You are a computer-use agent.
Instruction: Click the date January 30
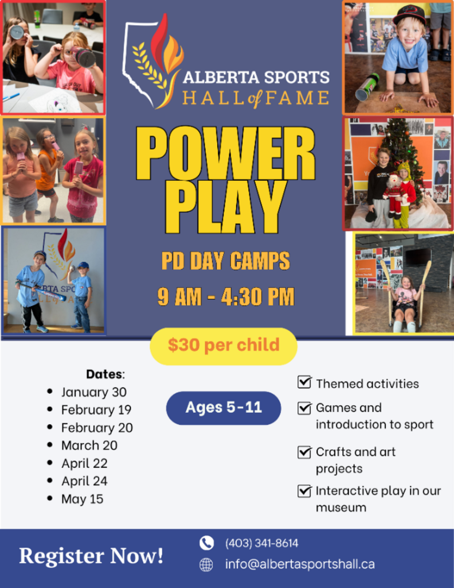pos(94,392)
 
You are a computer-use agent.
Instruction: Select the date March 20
pos(89,445)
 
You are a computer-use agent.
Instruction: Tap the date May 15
pos(83,499)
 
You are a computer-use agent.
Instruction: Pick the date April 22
pos(85,463)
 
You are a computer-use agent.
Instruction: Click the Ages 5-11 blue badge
pos(224,408)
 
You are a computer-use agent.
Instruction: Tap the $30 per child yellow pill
pos(224,346)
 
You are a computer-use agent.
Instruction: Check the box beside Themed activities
pos(304,382)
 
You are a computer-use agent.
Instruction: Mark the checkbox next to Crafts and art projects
pos(304,452)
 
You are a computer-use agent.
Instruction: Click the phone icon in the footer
pos(206,543)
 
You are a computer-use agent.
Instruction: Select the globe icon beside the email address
pos(206,564)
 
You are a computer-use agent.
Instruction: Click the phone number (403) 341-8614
pos(261,543)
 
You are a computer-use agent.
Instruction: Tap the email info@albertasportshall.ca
pos(300,564)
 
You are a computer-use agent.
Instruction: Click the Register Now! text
pos(91,555)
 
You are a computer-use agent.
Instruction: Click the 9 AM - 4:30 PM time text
pos(226,297)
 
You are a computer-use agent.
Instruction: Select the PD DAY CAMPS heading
pos(226,261)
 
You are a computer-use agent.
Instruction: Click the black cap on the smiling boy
pos(410,15)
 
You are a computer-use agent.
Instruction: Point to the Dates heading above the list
pos(105,374)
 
